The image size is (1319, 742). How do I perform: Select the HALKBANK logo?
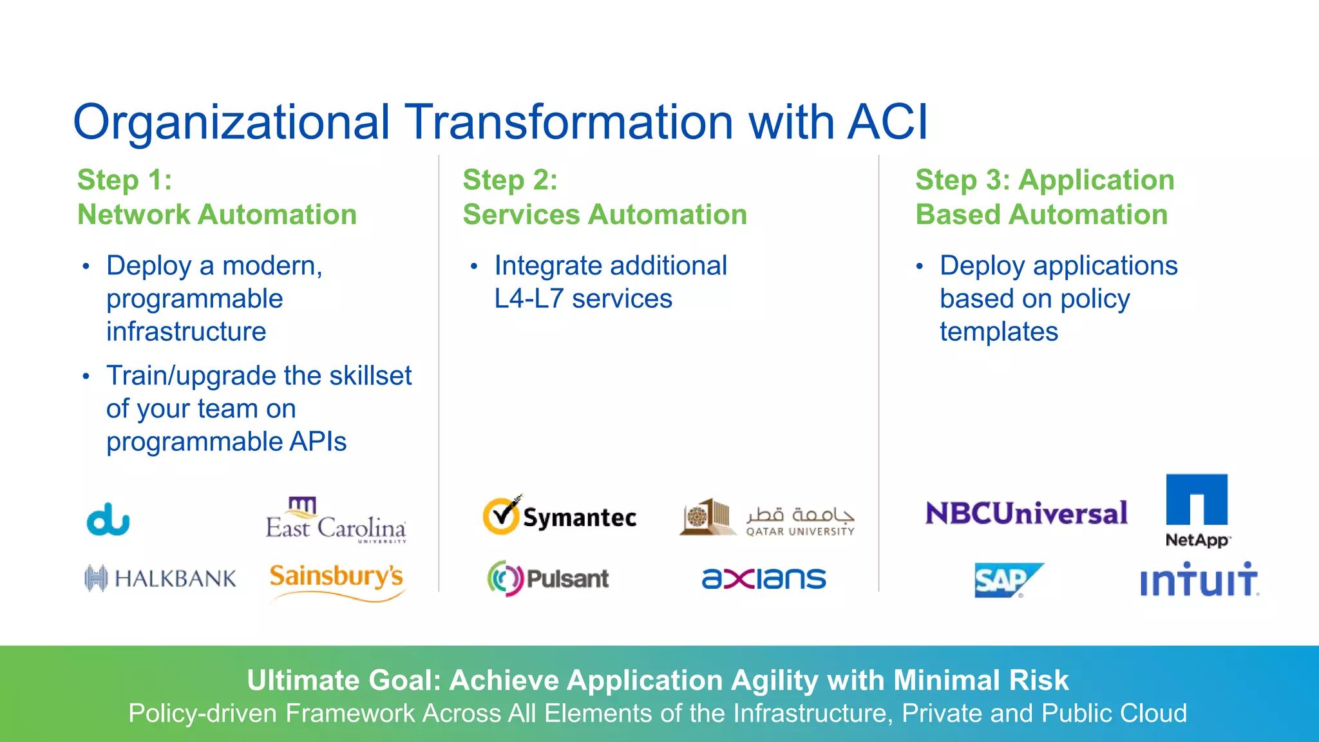pyautogui.click(x=160, y=578)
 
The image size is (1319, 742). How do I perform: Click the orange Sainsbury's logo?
pyautogui.click(x=337, y=579)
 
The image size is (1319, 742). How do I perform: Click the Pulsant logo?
pyautogui.click(x=548, y=578)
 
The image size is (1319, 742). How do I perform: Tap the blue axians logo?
pyautogui.click(x=764, y=578)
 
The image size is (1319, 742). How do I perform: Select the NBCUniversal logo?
pyautogui.click(x=1026, y=513)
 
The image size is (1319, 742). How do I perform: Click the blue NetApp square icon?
pyautogui.click(x=1197, y=500)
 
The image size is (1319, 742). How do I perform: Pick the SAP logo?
pyautogui.click(x=1007, y=580)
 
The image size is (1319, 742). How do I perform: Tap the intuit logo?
pyautogui.click(x=1199, y=580)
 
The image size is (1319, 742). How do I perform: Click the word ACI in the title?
pyautogui.click(x=887, y=122)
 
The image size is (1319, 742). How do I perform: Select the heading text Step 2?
pyautogui.click(x=510, y=180)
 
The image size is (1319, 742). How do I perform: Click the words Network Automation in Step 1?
pyautogui.click(x=217, y=214)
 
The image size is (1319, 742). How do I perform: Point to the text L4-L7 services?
pyautogui.click(x=583, y=299)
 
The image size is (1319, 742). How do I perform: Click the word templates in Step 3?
pyautogui.click(x=998, y=332)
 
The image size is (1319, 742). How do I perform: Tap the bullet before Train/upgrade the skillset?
pyautogui.click(x=86, y=376)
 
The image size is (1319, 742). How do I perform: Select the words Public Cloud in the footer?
pyautogui.click(x=1114, y=713)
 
